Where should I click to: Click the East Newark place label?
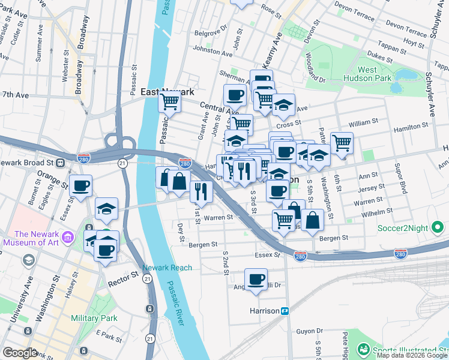(x=167, y=92)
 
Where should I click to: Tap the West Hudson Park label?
(x=367, y=74)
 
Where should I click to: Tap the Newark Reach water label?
(x=167, y=268)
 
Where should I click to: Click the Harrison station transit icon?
(x=286, y=311)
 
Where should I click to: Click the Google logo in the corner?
(x=20, y=352)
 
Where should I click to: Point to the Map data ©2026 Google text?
(x=412, y=355)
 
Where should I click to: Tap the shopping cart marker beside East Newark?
(x=170, y=103)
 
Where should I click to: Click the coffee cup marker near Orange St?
(x=80, y=185)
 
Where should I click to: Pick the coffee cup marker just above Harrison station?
(x=256, y=279)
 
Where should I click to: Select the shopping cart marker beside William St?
(x=342, y=142)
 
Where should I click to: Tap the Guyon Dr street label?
(x=310, y=331)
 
